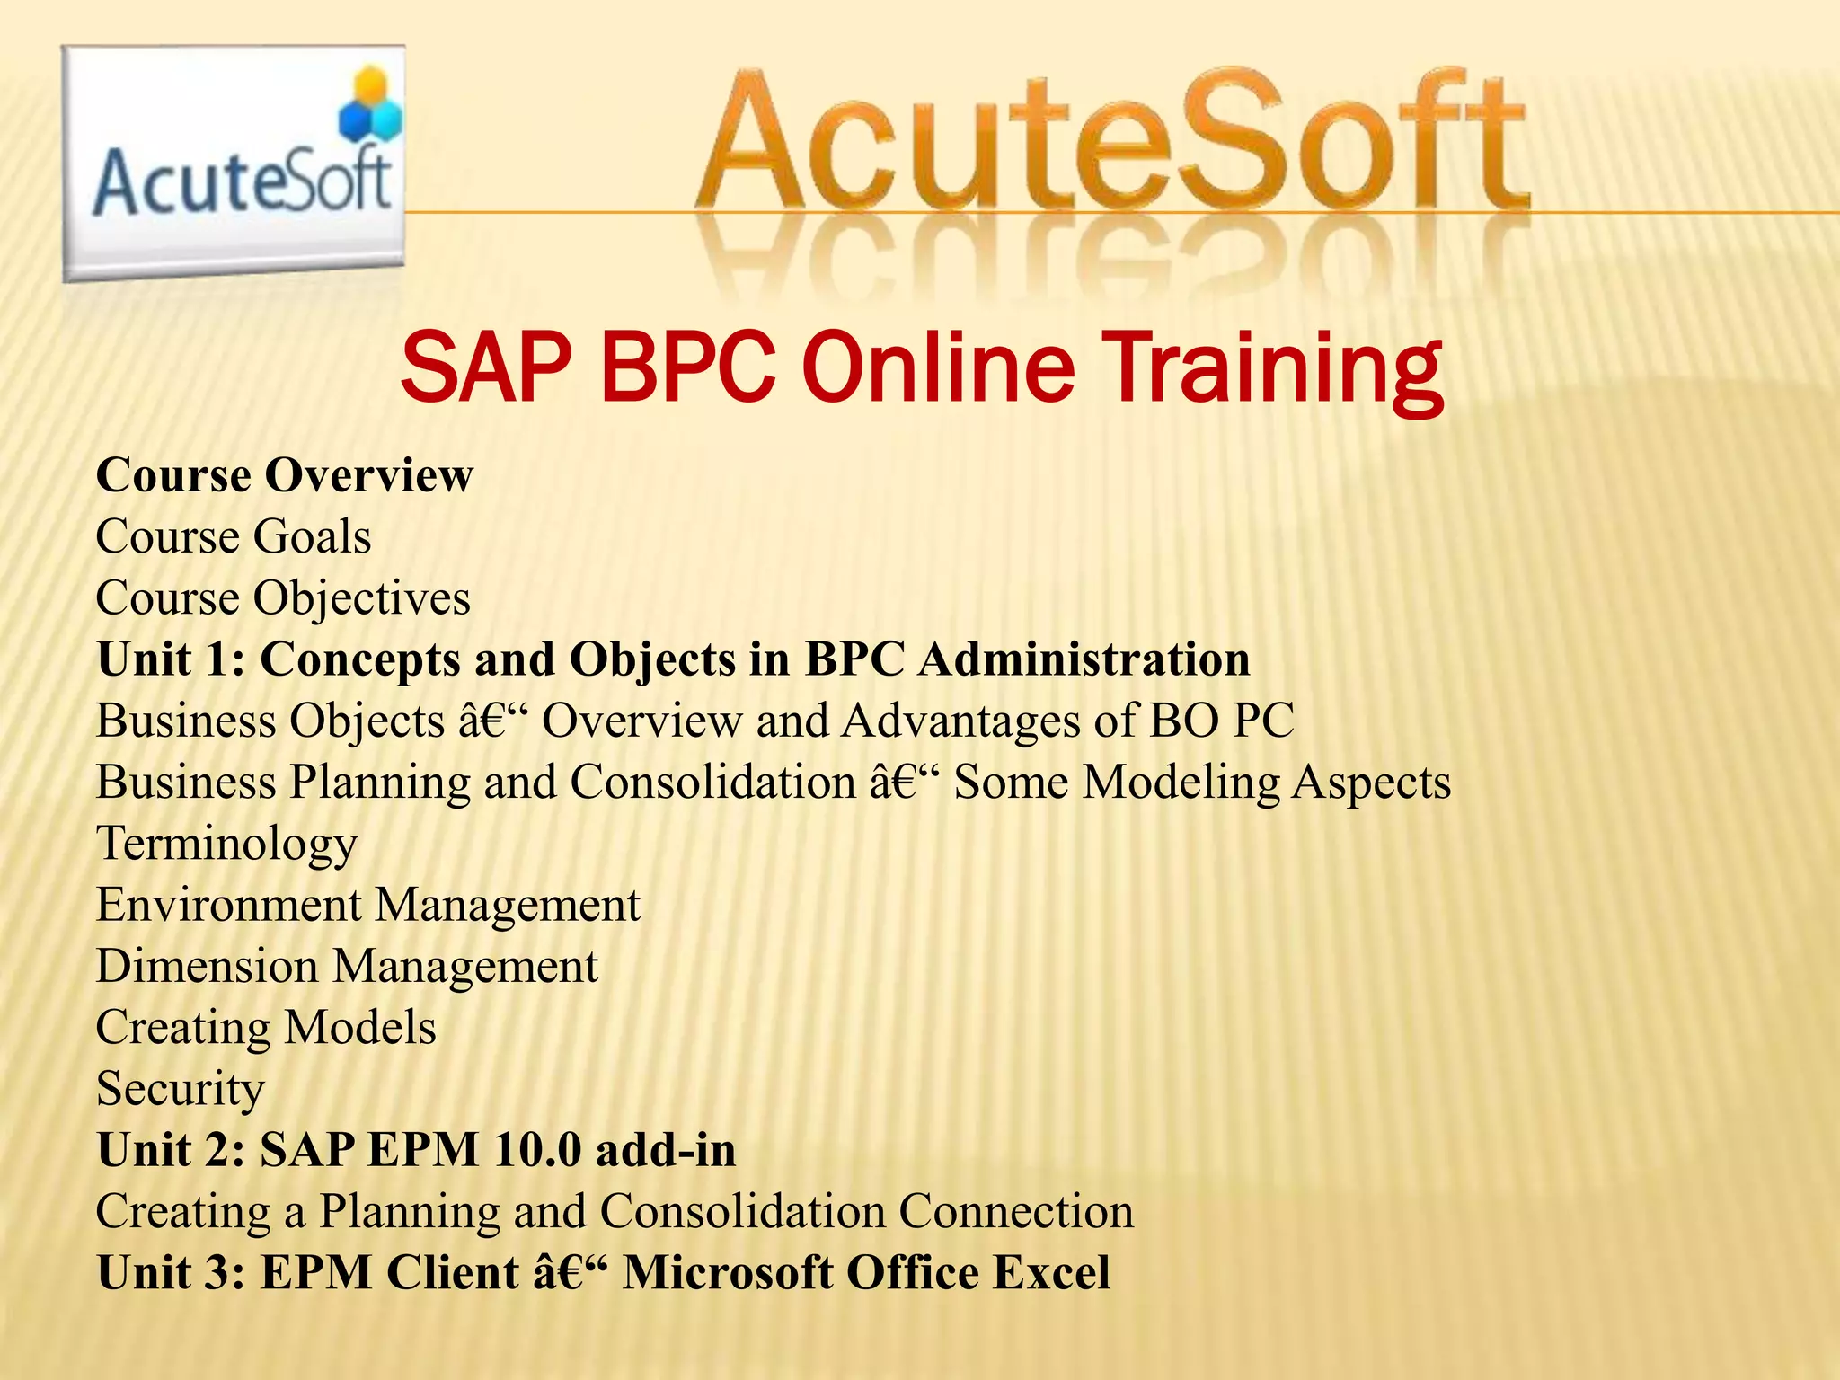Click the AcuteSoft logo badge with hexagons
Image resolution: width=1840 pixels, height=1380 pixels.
click(234, 164)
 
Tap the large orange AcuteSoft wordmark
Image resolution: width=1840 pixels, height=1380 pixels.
click(1112, 144)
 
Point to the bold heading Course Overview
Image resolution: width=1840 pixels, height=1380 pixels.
click(284, 475)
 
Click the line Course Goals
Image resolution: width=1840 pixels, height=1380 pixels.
click(233, 537)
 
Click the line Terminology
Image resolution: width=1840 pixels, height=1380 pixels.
click(226, 845)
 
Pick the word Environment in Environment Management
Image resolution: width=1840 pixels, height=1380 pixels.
click(229, 905)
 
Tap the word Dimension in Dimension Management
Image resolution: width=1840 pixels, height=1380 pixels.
click(207, 967)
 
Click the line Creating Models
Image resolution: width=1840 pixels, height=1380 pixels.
click(266, 1028)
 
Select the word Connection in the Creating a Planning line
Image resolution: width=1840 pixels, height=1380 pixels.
click(1016, 1212)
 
